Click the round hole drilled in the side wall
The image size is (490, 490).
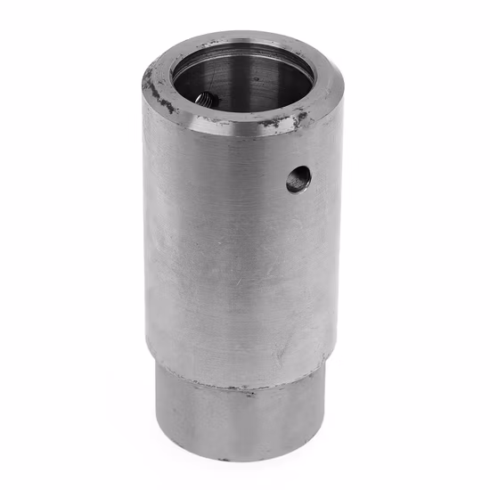click(298, 179)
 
